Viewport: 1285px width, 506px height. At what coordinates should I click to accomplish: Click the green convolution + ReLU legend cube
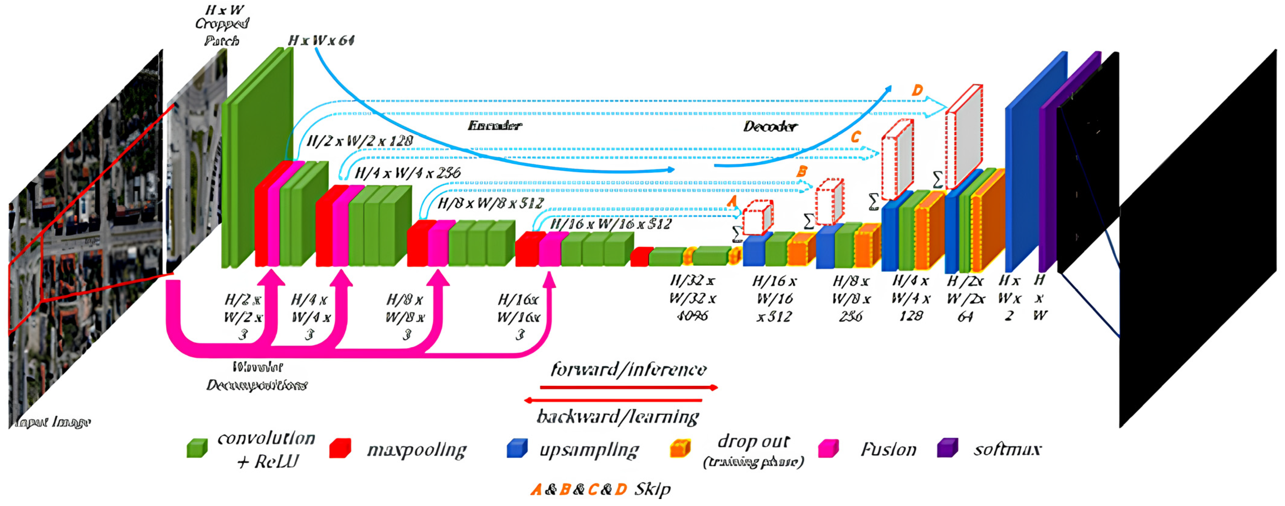(197, 448)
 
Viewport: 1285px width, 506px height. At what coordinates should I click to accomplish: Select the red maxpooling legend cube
(340, 448)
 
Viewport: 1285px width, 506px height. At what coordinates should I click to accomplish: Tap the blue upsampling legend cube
(517, 448)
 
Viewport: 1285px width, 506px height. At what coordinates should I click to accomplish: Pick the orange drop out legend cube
(680, 448)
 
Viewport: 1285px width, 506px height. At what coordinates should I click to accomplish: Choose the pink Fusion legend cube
(829, 448)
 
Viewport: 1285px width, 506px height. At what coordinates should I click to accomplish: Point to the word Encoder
(494, 126)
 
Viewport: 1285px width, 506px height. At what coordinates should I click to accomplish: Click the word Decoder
(770, 126)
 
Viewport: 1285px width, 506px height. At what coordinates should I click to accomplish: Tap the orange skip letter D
(917, 90)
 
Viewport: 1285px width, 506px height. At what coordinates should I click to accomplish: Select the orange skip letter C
(855, 136)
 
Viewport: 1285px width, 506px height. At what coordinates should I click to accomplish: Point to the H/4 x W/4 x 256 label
(407, 173)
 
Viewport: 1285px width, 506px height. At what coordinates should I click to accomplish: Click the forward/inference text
(628, 369)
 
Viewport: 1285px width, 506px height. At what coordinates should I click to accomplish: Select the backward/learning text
(617, 416)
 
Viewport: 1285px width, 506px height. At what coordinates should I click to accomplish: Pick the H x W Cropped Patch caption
(222, 25)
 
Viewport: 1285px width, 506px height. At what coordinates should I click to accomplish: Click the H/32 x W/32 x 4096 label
(692, 298)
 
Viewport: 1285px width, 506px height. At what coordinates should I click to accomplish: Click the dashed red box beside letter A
(757, 218)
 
